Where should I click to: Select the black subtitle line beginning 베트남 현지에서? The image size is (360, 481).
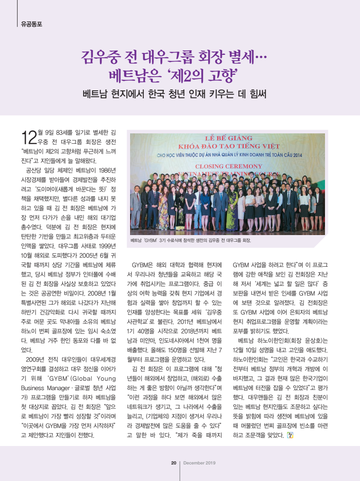(174, 93)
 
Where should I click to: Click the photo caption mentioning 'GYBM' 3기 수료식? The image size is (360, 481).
(190, 240)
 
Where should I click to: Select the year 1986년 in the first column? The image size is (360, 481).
(112, 170)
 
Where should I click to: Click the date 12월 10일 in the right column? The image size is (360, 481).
(249, 350)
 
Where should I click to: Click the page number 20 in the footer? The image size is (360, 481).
(174, 463)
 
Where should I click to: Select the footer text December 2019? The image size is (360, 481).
(200, 463)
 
